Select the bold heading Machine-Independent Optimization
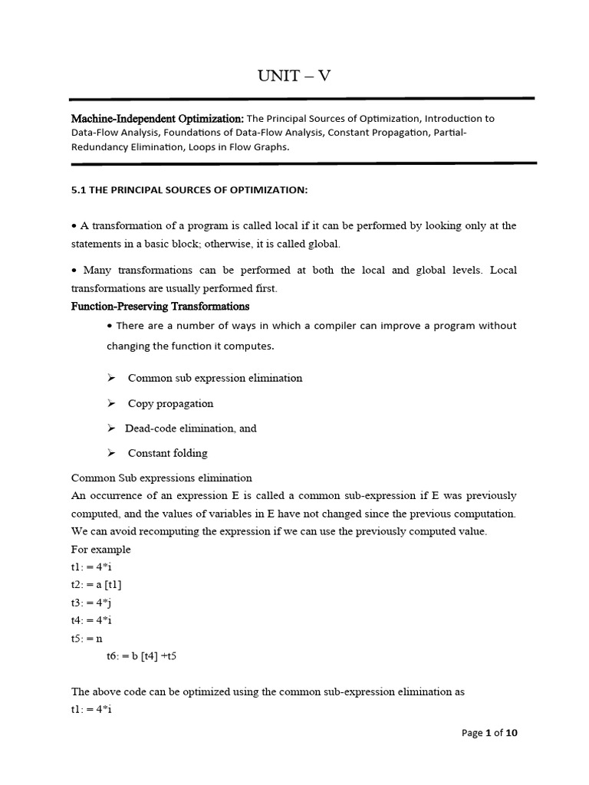[157, 119]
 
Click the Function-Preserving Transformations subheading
[160, 306]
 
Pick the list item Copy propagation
[170, 403]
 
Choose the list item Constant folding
[167, 453]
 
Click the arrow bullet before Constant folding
[112, 453]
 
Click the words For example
[100, 549]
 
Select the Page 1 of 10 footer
[489, 733]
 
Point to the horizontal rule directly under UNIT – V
[301, 98]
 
